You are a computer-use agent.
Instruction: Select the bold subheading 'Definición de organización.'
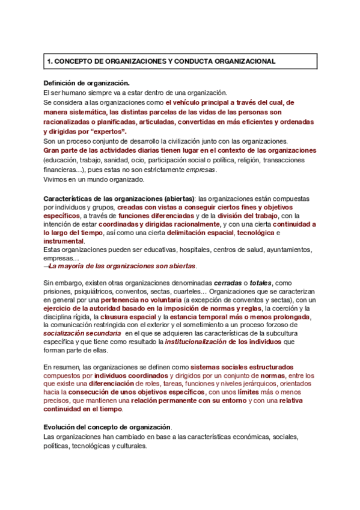87,83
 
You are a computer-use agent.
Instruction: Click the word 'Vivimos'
56,179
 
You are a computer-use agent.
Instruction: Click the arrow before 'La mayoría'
46,266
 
